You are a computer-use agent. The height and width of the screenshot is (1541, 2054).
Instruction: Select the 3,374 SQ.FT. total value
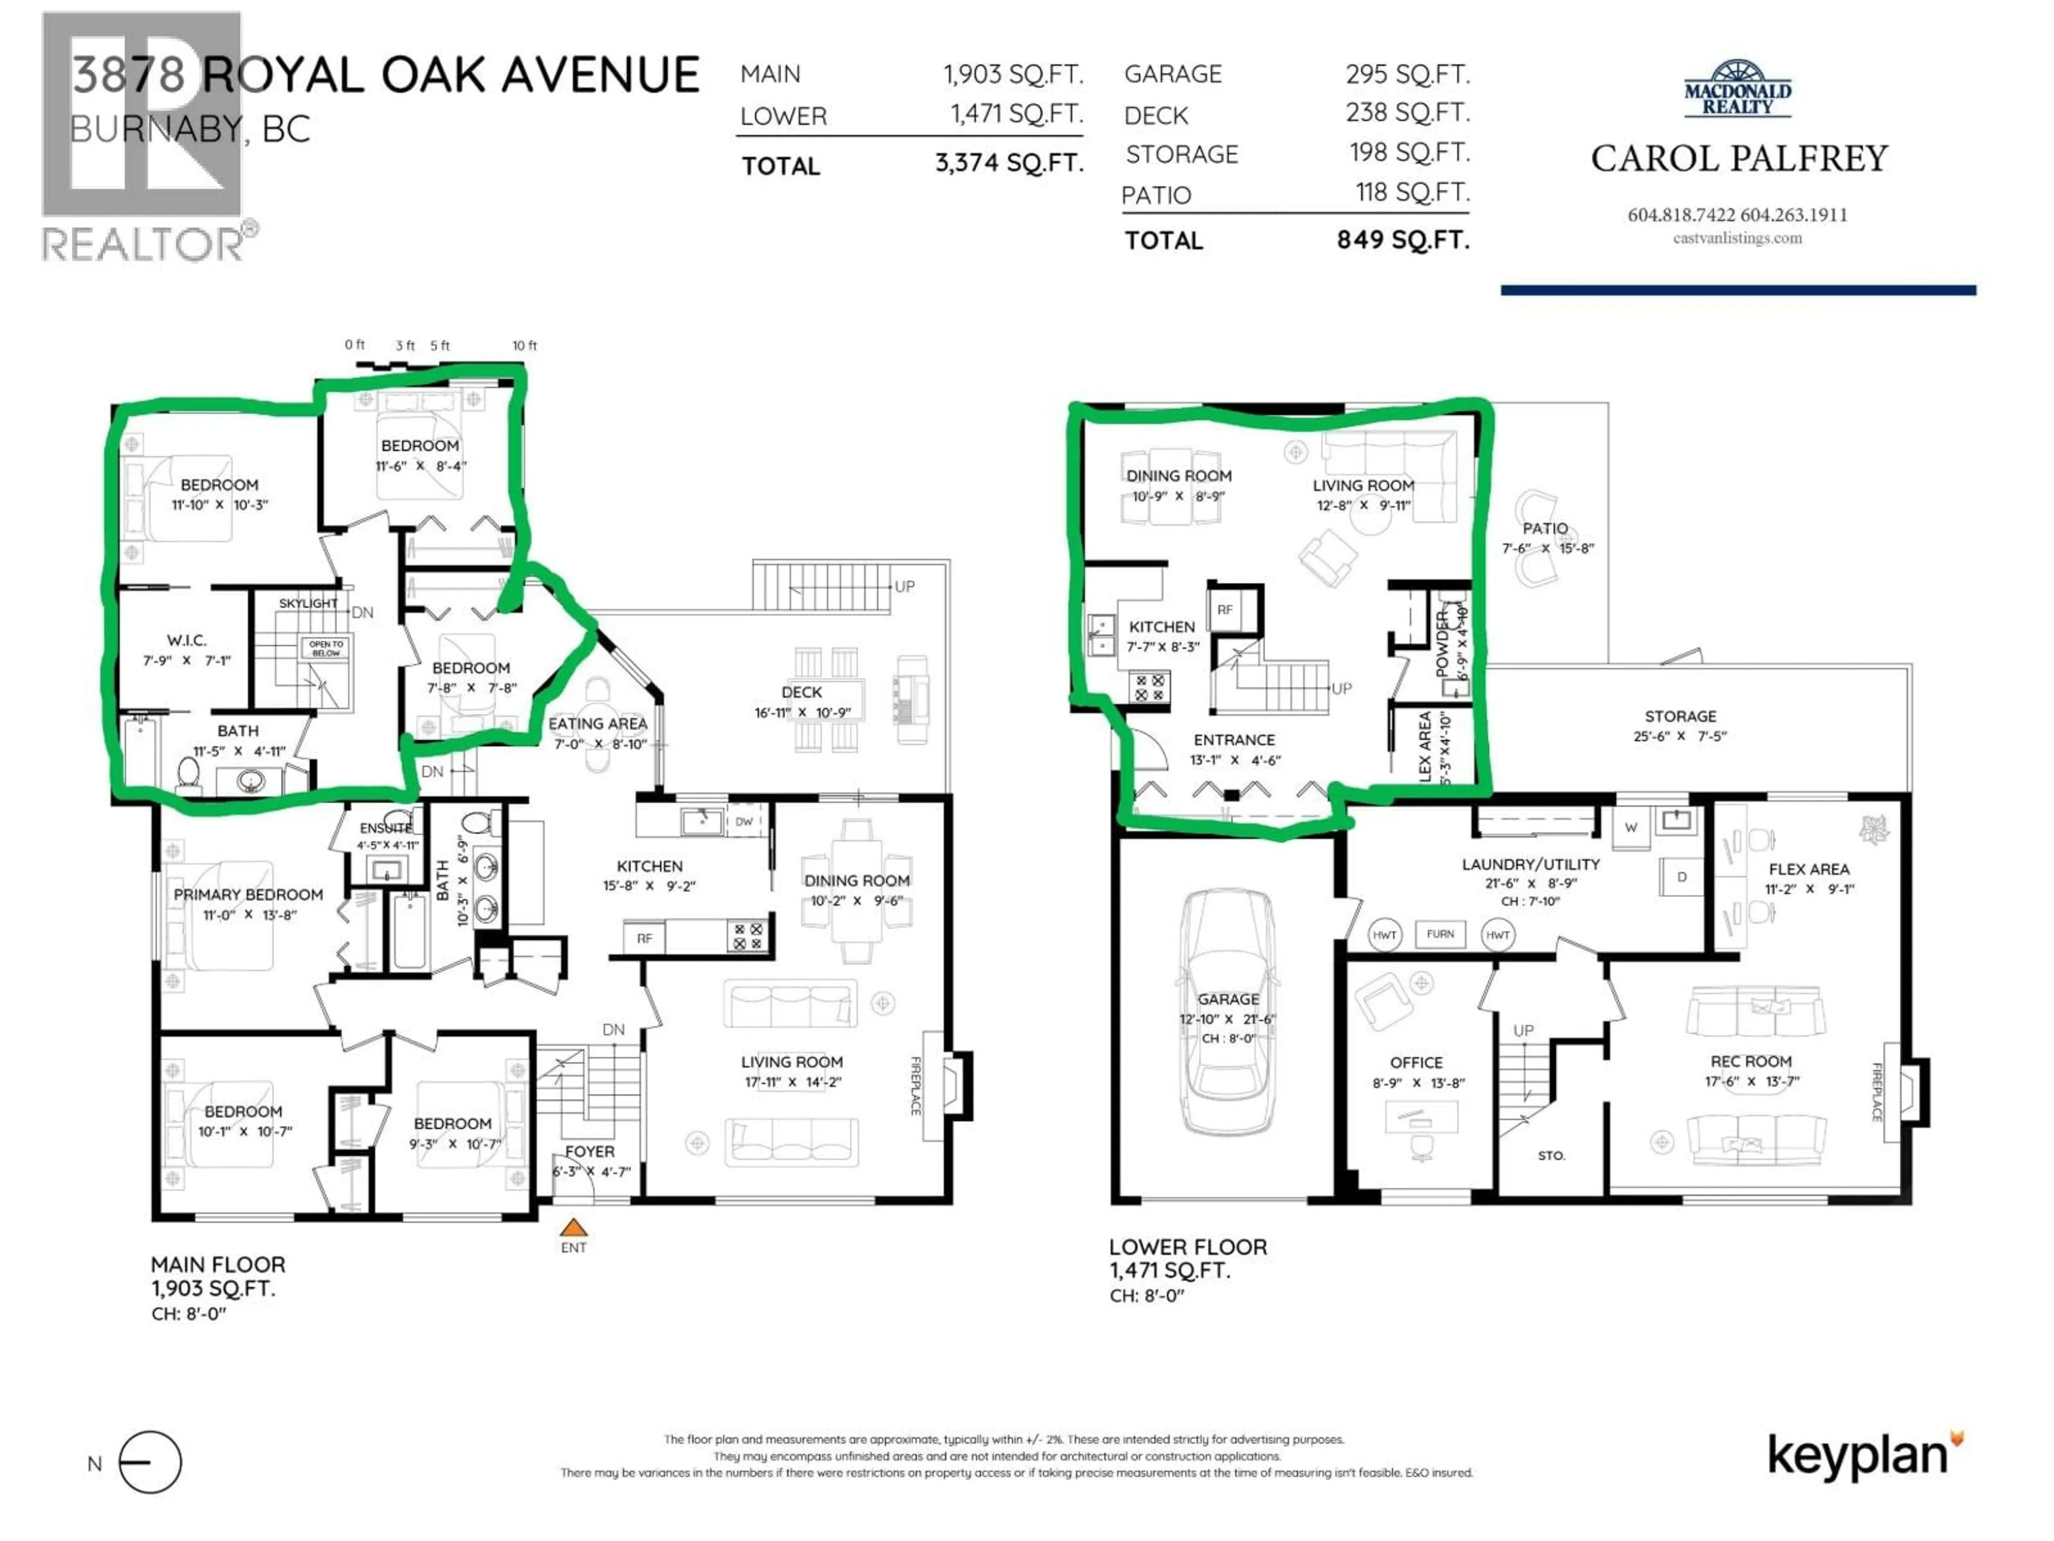click(x=1008, y=164)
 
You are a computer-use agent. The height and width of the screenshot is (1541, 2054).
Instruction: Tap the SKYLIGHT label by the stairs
click(x=308, y=604)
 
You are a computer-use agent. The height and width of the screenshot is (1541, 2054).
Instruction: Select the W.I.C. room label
click(x=187, y=640)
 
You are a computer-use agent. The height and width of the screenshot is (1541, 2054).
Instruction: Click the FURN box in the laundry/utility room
click(x=1440, y=934)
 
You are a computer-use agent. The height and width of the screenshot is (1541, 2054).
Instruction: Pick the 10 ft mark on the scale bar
click(x=525, y=346)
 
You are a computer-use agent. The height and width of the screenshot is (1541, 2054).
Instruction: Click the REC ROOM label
click(x=1750, y=1061)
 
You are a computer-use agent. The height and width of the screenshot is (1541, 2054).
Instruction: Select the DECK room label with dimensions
click(x=801, y=701)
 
